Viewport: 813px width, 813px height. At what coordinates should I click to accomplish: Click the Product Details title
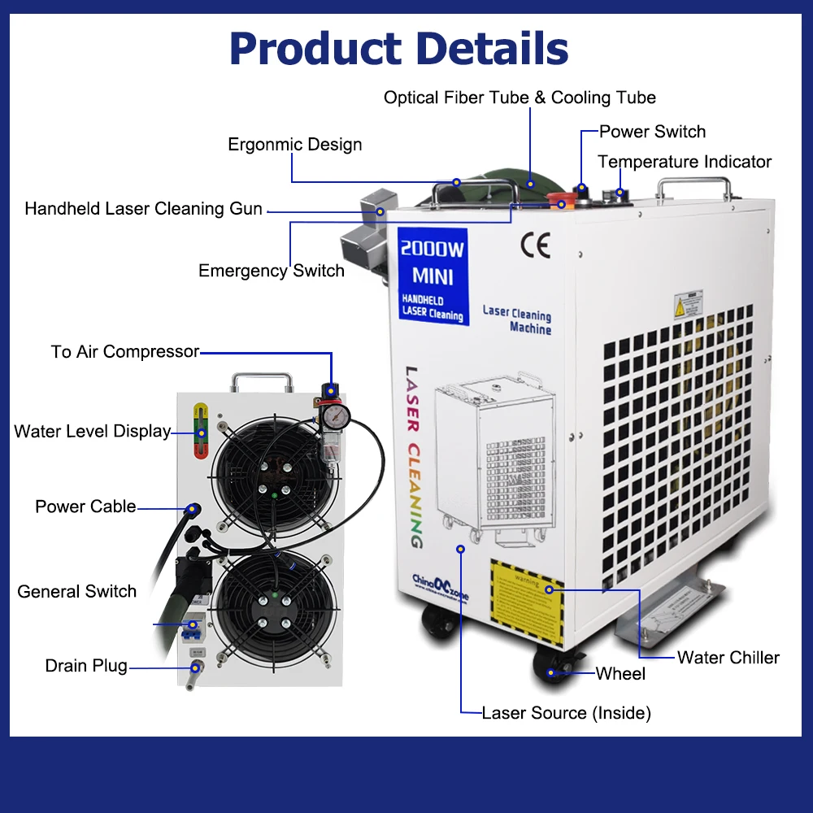(x=398, y=49)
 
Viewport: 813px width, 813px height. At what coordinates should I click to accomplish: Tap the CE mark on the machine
(x=535, y=245)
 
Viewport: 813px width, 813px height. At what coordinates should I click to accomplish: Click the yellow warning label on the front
(x=527, y=602)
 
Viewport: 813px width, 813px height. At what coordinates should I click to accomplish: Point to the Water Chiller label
(x=728, y=658)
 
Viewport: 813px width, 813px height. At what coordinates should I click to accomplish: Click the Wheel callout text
(x=620, y=673)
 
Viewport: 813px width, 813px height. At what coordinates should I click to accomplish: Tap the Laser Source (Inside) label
(x=566, y=713)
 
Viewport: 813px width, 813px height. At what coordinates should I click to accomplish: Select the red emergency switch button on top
(x=560, y=200)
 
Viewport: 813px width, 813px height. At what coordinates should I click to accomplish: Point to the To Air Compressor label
(x=124, y=352)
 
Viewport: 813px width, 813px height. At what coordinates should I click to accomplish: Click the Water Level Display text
(x=92, y=432)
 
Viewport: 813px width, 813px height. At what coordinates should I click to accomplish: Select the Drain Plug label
(x=86, y=666)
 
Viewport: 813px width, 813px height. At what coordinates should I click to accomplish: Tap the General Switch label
(x=77, y=591)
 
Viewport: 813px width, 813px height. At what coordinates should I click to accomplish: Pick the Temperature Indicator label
(x=685, y=162)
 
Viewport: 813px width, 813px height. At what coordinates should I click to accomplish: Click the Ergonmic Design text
(x=294, y=145)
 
